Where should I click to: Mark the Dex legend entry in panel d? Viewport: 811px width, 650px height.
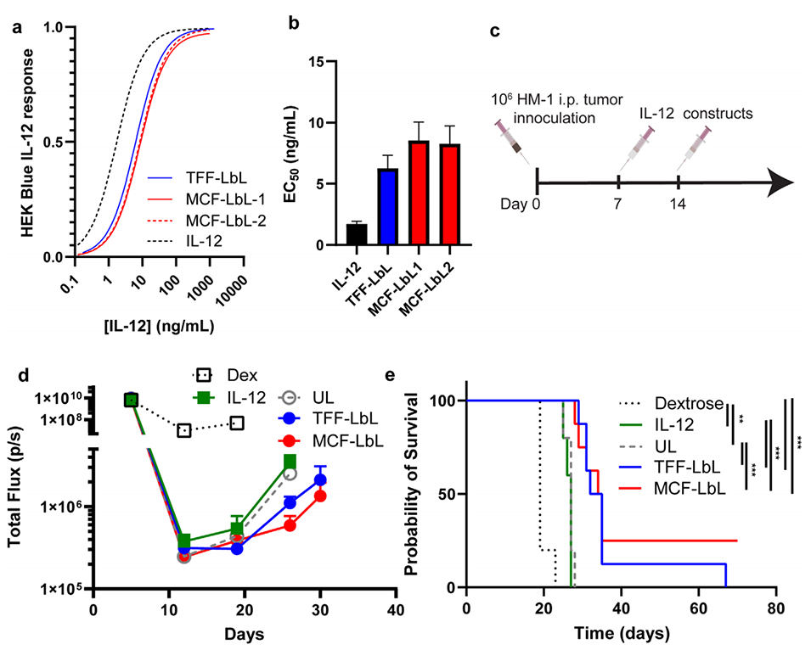[x=228, y=375]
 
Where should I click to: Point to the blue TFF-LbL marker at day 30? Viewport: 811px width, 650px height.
[x=319, y=480]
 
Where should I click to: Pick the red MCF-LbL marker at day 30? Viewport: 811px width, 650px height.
[x=319, y=496]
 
